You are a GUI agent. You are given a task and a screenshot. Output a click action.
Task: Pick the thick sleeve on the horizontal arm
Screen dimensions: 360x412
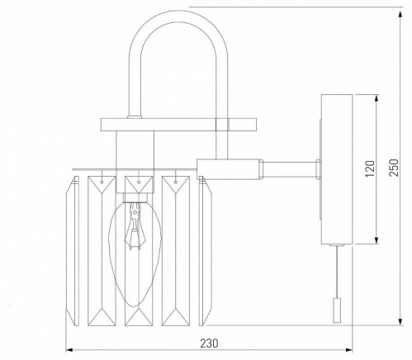coord(230,168)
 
